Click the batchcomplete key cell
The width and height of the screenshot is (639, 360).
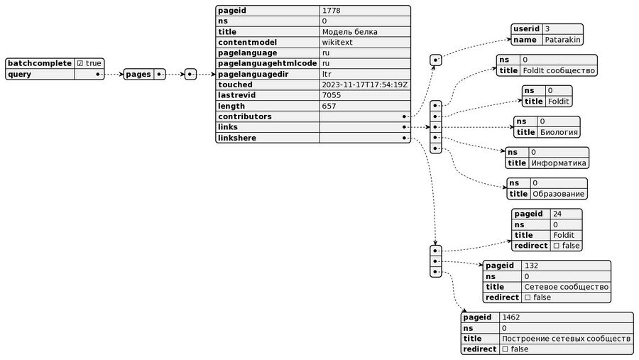[x=40, y=63]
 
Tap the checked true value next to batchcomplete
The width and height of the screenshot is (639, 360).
[x=89, y=63]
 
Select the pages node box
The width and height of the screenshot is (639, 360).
[x=139, y=74]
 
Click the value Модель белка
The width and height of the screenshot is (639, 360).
[x=349, y=32]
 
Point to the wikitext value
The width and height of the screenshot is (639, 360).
[x=337, y=43]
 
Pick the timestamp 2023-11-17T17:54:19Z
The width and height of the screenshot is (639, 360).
[x=365, y=84]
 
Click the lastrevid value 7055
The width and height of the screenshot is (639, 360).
[x=332, y=95]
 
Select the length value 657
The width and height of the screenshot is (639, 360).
[x=329, y=106]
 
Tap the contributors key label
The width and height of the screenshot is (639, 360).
[x=246, y=116]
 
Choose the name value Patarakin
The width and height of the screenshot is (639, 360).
[x=563, y=40]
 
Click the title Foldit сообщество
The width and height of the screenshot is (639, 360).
[x=559, y=70]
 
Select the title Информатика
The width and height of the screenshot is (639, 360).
[x=559, y=163]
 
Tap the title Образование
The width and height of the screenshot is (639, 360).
[x=559, y=194]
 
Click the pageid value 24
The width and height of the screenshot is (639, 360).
[x=558, y=214]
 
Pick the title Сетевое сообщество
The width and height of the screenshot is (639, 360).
[x=566, y=287]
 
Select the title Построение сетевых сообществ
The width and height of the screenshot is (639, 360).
[x=566, y=339]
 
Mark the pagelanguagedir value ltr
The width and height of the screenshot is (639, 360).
[x=327, y=74]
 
